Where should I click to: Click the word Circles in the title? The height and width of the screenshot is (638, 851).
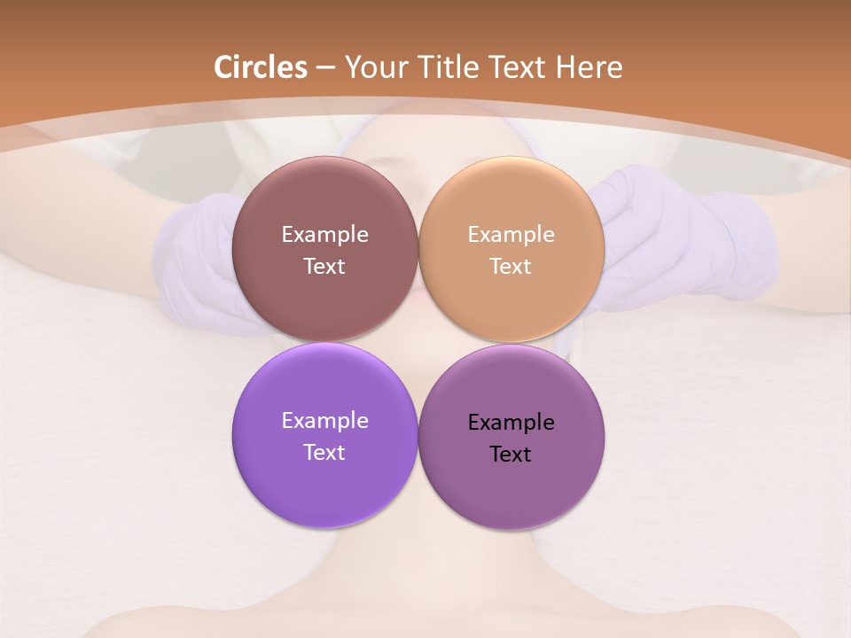(261, 67)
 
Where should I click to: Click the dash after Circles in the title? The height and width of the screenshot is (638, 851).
(325, 68)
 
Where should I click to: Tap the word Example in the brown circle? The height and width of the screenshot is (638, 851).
(324, 234)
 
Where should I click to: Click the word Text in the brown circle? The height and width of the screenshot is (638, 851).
(324, 266)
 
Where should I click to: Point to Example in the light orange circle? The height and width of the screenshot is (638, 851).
(511, 234)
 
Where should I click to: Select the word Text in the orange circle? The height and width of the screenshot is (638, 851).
(511, 266)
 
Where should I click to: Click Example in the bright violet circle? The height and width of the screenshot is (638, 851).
(324, 420)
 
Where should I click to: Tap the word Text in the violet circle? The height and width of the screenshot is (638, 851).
(324, 452)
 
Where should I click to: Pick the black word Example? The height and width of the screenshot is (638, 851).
(511, 422)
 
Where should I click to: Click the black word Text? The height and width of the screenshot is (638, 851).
(511, 454)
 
